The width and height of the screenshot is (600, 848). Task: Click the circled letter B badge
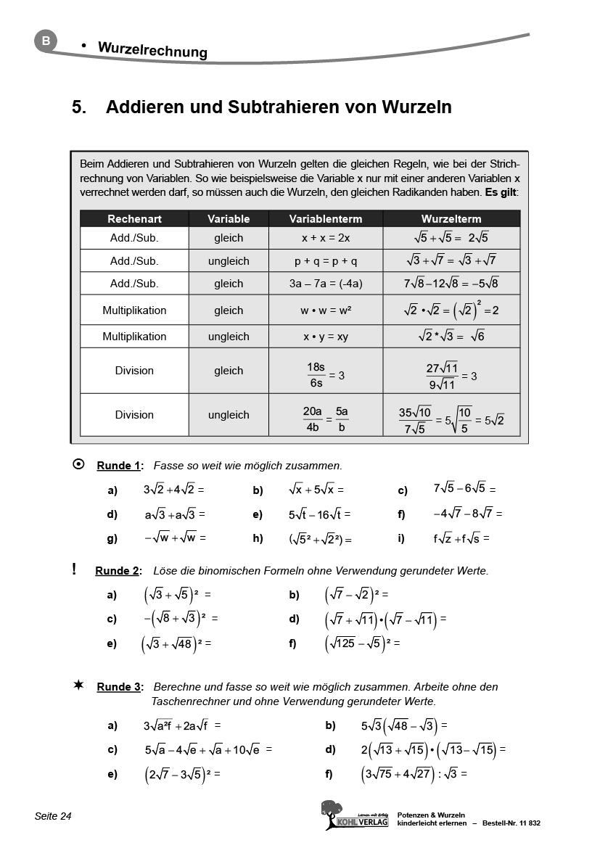pyautogui.click(x=46, y=41)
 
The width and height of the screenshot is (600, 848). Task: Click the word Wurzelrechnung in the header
pyautogui.click(x=152, y=50)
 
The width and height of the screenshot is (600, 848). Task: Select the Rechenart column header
pyautogui.click(x=134, y=218)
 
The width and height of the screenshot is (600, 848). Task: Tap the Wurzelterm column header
pyautogui.click(x=451, y=218)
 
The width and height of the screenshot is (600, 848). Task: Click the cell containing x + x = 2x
pyautogui.click(x=326, y=238)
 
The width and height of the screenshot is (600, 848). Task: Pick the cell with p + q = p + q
pyautogui.click(x=326, y=261)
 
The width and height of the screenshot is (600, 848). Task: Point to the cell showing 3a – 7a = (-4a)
pyautogui.click(x=326, y=284)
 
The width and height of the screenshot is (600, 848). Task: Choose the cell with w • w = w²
pyautogui.click(x=326, y=310)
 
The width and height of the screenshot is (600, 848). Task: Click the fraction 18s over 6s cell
pyautogui.click(x=326, y=371)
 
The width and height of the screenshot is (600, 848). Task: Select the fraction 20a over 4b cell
pyautogui.click(x=326, y=416)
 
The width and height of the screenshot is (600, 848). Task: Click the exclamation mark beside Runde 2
pyautogui.click(x=74, y=569)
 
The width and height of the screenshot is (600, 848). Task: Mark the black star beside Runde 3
pyautogui.click(x=78, y=686)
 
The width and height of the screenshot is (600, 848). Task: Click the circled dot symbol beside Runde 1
pyautogui.click(x=78, y=464)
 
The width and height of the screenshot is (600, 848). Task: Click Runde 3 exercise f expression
pyautogui.click(x=414, y=775)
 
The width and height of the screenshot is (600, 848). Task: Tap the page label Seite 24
pyautogui.click(x=53, y=817)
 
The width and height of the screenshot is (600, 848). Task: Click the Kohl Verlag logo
pyautogui.click(x=354, y=815)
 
